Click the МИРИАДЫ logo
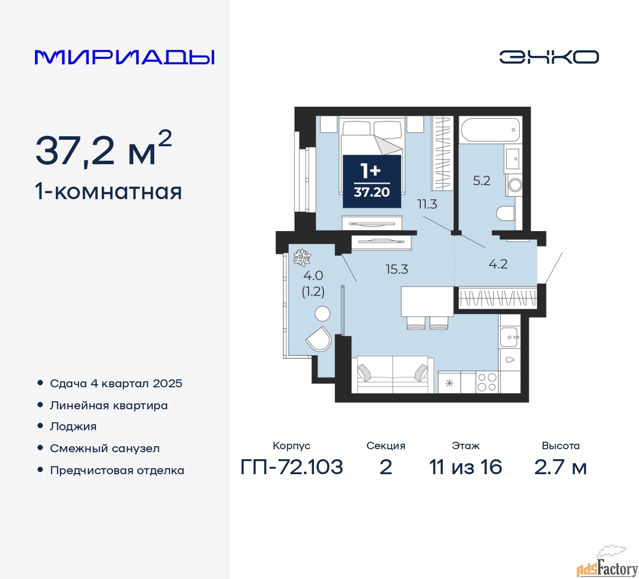click(124, 57)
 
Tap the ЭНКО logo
click(549, 57)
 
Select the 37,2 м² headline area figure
click(103, 149)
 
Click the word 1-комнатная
click(109, 192)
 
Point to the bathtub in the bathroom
click(491, 130)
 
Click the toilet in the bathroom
click(506, 213)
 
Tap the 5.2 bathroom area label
click(481, 181)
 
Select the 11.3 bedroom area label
click(427, 204)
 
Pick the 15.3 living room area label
click(396, 270)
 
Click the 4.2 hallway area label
click(498, 264)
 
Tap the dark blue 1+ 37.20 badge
click(372, 181)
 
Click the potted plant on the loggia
click(302, 258)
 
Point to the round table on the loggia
click(322, 313)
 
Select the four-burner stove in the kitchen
click(487, 382)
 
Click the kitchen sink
click(509, 337)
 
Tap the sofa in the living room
click(392, 374)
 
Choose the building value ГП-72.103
click(292, 467)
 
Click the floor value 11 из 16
click(466, 467)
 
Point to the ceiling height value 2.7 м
click(561, 467)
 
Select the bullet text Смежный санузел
click(105, 448)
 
